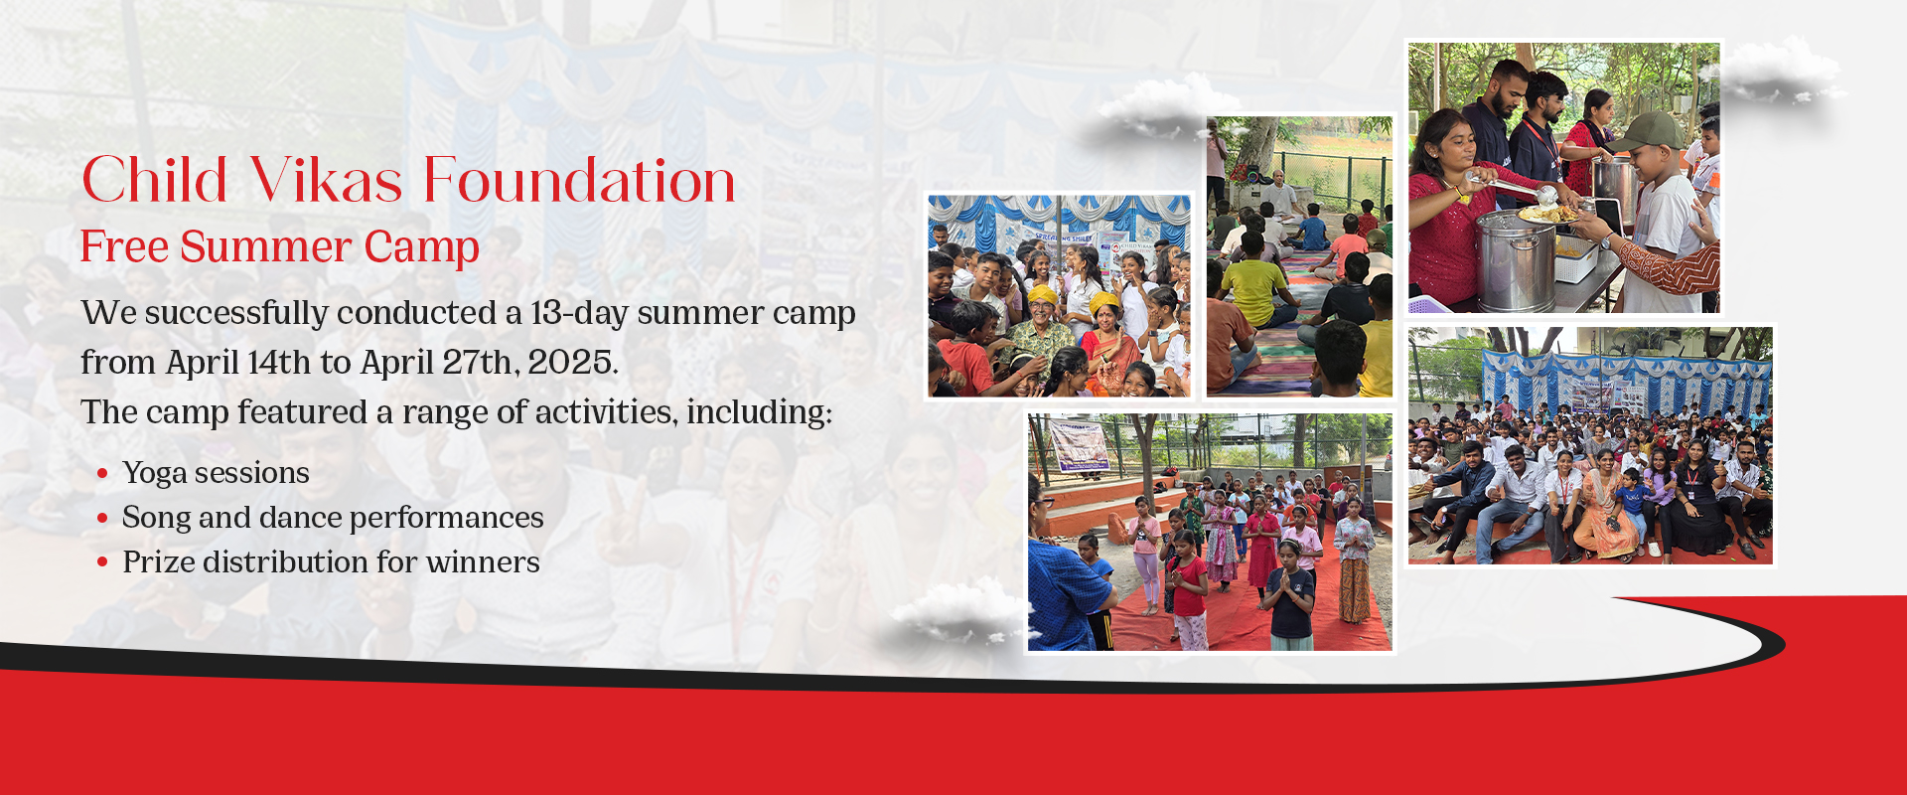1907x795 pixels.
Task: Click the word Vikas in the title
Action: tap(325, 181)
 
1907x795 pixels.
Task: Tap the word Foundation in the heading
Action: tap(579, 181)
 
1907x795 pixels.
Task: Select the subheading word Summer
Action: tap(266, 246)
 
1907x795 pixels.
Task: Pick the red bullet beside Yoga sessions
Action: tap(102, 474)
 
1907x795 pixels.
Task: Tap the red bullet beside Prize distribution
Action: tap(102, 563)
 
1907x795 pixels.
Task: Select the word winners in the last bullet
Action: tap(483, 563)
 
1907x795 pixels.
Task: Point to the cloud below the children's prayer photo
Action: tap(956, 612)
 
